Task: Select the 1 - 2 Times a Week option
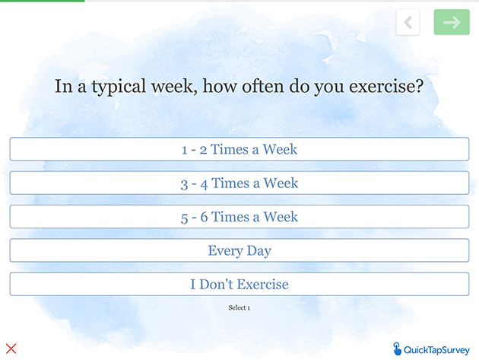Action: [x=239, y=149]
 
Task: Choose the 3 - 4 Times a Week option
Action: [x=239, y=183]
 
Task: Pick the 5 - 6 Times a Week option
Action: [x=239, y=217]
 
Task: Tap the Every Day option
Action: [x=239, y=250]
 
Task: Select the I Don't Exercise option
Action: [x=239, y=284]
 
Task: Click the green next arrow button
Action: [x=452, y=22]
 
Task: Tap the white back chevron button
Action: [x=408, y=22]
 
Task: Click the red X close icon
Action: [x=11, y=349]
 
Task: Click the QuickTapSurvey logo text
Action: [x=436, y=350]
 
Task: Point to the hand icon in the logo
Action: [x=397, y=349]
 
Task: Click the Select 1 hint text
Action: [x=239, y=307]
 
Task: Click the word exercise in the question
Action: [x=386, y=86]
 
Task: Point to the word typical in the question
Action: [x=119, y=87]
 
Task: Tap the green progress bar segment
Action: [x=42, y=1]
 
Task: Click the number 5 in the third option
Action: [x=184, y=218]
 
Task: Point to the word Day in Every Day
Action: [x=259, y=251]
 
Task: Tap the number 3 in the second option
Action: [x=184, y=184]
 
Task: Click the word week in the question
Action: [x=173, y=86]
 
